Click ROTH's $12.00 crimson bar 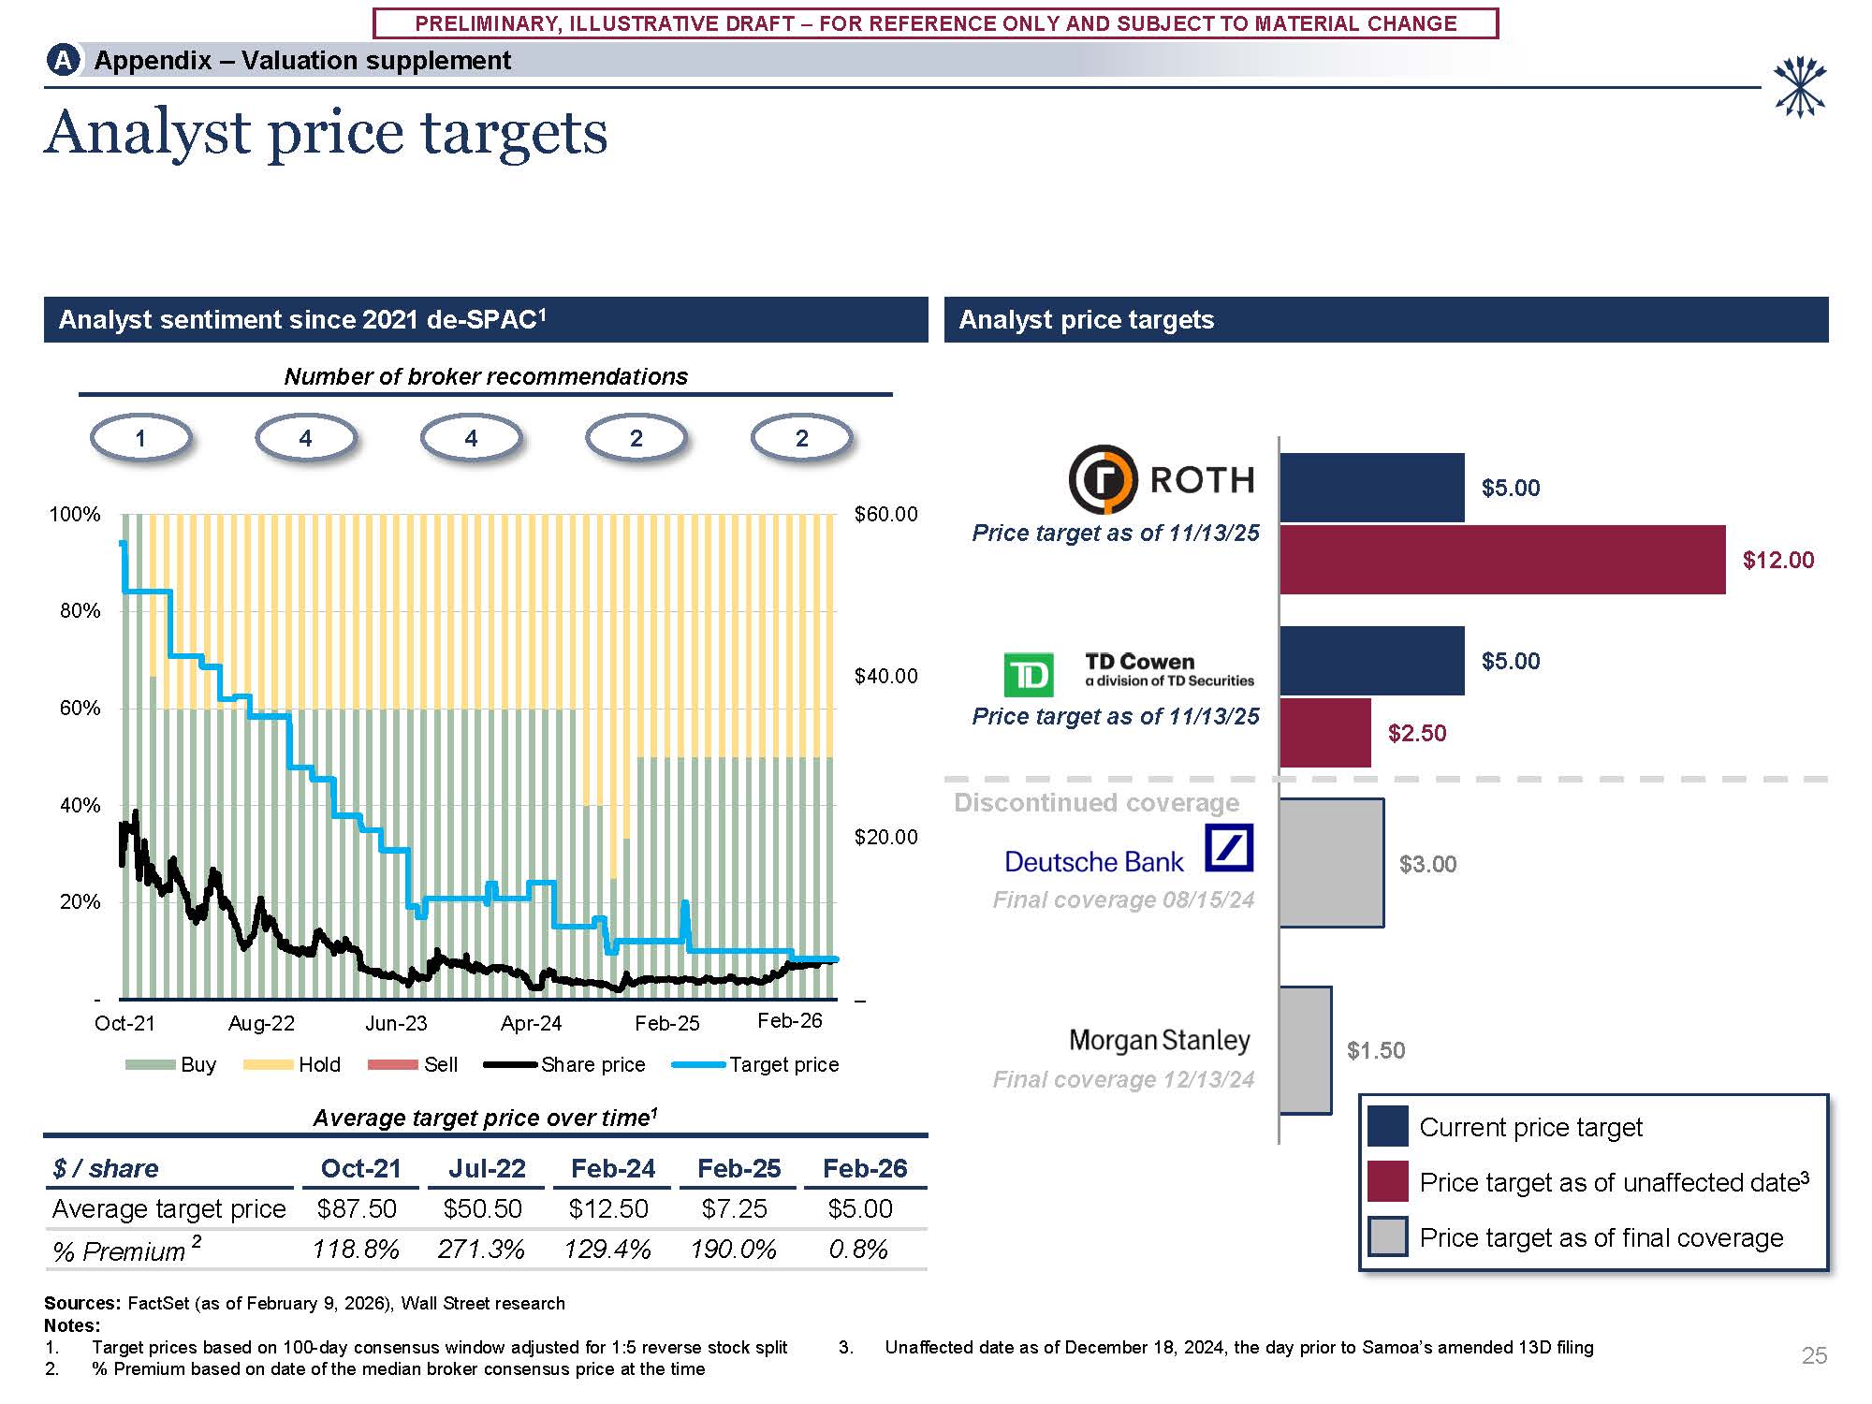pyautogui.click(x=1501, y=560)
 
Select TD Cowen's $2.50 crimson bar pyautogui.click(x=1324, y=733)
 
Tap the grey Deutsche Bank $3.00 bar pyautogui.click(x=1331, y=863)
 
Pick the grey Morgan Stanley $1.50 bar pyautogui.click(x=1305, y=1050)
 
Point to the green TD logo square pyautogui.click(x=1028, y=675)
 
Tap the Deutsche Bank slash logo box pyautogui.click(x=1229, y=847)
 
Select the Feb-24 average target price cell pyautogui.click(x=608, y=1209)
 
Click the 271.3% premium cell pyautogui.click(x=481, y=1250)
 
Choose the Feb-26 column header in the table pyautogui.click(x=865, y=1168)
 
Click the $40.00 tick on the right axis pyautogui.click(x=885, y=676)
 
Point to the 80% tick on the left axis pyautogui.click(x=80, y=611)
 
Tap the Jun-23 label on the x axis pyautogui.click(x=396, y=1023)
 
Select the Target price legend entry pyautogui.click(x=783, y=1064)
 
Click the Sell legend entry pyautogui.click(x=440, y=1064)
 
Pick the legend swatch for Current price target pyautogui.click(x=1387, y=1126)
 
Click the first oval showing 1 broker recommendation pyautogui.click(x=140, y=438)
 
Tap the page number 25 pyautogui.click(x=1814, y=1355)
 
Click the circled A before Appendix pyautogui.click(x=63, y=61)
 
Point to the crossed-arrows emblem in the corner pyautogui.click(x=1799, y=87)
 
